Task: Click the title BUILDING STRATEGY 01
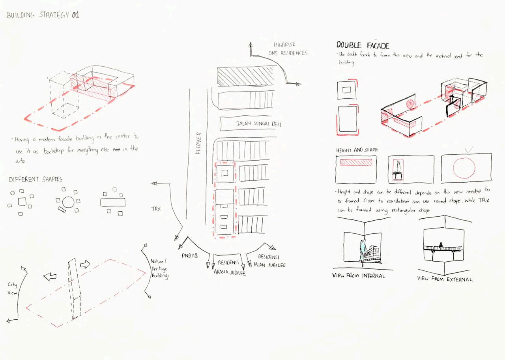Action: point(43,15)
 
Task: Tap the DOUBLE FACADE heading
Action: point(363,45)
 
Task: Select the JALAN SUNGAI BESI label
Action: point(258,124)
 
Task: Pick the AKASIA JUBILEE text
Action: point(230,272)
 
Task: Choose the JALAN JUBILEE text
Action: point(269,265)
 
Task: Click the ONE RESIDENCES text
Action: point(288,53)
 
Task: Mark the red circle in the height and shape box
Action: point(464,169)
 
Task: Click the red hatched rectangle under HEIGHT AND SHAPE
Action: point(356,162)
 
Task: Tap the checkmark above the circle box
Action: point(469,150)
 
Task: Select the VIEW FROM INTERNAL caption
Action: point(358,276)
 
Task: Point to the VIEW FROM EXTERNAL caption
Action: point(445,279)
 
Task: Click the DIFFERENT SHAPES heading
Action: point(36,179)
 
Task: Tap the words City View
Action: point(12,289)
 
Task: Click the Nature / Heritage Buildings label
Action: point(159,269)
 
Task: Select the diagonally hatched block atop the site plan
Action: point(245,76)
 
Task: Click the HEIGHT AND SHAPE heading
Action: point(357,150)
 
